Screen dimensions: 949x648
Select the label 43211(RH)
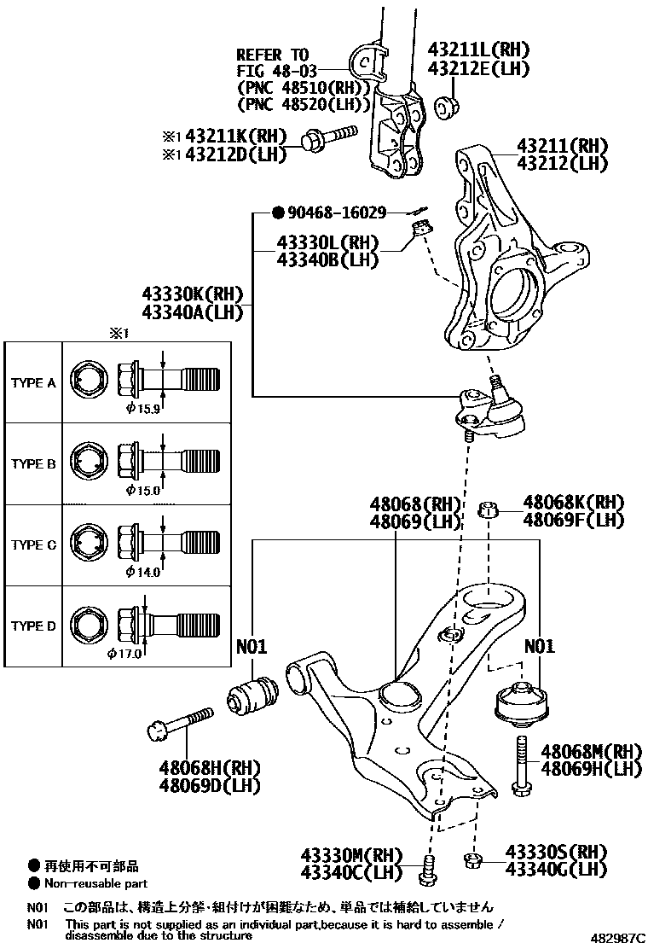pos(561,145)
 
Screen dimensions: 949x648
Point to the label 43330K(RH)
pos(194,295)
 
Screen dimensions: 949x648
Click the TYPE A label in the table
pos(33,383)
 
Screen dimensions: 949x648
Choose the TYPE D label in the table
pos(33,626)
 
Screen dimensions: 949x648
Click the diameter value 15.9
pos(142,409)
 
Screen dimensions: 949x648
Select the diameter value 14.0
pos(142,572)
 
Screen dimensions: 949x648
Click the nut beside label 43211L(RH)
pos(444,107)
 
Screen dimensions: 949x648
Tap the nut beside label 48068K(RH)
pos(488,510)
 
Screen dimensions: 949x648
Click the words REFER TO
pos(273,54)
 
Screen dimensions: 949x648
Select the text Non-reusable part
pos(96,884)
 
